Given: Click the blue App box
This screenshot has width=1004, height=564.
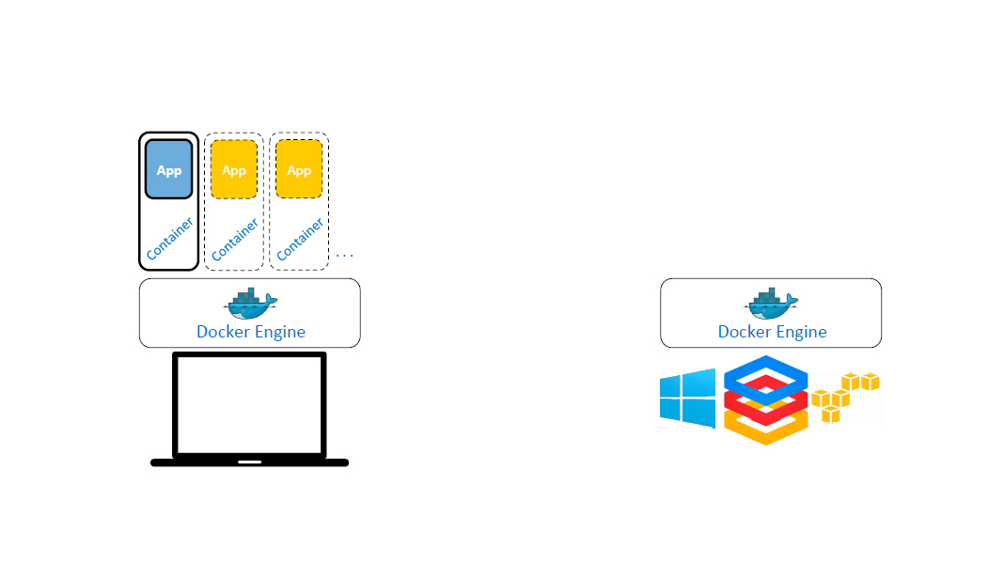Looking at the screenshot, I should click(168, 169).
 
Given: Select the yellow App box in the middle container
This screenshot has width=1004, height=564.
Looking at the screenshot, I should click(234, 169).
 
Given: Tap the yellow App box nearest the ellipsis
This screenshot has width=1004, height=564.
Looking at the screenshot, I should click(299, 169).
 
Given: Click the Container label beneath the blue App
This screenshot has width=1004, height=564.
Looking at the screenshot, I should click(169, 239).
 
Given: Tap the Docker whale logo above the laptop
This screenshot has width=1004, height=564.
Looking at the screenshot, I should click(251, 303).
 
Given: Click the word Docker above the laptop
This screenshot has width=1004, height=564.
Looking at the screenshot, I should click(222, 332).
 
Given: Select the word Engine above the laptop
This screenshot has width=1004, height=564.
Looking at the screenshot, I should click(280, 333).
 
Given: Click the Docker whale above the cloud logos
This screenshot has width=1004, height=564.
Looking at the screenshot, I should click(772, 303).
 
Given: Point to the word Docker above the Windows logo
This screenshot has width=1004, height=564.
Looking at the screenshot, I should click(744, 332).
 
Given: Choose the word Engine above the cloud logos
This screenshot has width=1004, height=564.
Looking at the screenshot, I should click(802, 333).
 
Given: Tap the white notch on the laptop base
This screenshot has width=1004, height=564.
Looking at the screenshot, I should click(249, 462).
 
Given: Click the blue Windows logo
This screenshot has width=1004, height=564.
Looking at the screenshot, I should click(687, 396).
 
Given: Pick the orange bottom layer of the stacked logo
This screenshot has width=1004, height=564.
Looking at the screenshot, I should click(766, 432).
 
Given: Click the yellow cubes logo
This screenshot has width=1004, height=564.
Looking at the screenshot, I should click(843, 396).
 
